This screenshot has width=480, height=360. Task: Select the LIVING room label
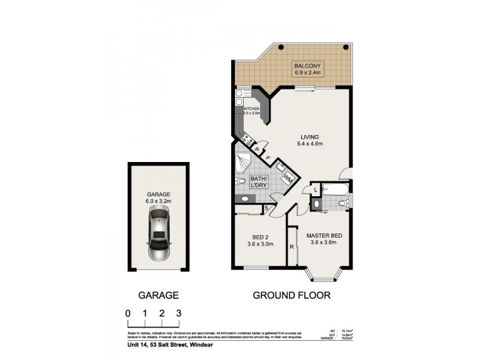pos(310,140)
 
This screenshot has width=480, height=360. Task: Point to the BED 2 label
pos(260,240)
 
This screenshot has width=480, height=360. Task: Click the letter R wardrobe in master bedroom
pos(292,247)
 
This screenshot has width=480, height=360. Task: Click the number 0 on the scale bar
pos(128,313)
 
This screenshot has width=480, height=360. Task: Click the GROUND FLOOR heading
pos(291,295)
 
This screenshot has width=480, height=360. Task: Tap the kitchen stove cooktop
pos(247,141)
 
